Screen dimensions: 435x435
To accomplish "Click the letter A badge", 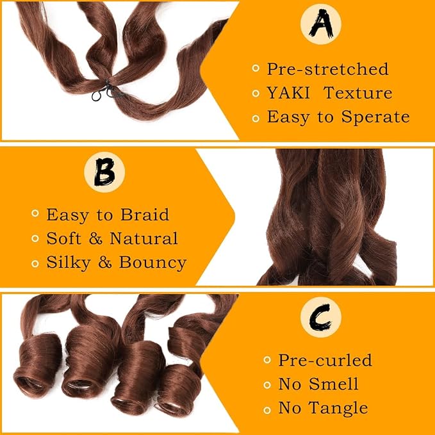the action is [321, 24].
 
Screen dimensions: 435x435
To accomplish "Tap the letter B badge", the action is [104, 172].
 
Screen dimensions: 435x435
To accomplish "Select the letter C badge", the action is [321, 317].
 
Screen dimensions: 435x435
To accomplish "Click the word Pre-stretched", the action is [327, 69].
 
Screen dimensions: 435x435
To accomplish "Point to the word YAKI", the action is [288, 93].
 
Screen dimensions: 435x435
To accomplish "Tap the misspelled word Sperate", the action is [375, 117].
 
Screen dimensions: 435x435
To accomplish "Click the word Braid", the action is [145, 215].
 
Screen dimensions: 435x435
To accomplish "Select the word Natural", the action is [144, 238].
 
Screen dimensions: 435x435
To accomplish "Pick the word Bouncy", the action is [152, 263].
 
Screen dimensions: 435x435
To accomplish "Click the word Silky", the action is [69, 263].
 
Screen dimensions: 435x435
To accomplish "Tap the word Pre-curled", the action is [325, 360].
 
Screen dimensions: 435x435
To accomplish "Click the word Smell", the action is [334, 384].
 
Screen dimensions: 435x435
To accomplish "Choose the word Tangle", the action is [338, 408].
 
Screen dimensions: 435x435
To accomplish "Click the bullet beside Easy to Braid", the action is [35, 213].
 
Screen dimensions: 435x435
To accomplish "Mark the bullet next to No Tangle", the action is [267, 410].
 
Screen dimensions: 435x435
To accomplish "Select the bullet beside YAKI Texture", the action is [256, 94].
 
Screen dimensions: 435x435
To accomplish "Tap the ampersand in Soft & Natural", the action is [95, 238].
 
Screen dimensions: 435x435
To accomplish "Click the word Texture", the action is [358, 93].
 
